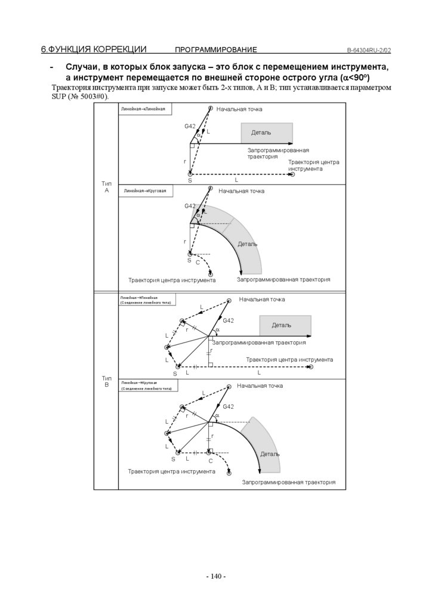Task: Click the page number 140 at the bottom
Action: pos(215,576)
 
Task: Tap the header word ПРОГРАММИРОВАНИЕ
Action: pos(215,50)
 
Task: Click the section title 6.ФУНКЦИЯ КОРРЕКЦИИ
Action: pos(94,49)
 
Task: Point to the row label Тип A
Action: pos(106,187)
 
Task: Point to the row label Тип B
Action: pos(106,381)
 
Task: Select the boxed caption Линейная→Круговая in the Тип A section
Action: pos(144,192)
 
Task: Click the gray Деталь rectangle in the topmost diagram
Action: pos(267,132)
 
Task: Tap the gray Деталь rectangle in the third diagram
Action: pos(285,325)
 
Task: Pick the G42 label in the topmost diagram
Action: pos(190,126)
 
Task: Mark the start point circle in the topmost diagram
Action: pos(211,108)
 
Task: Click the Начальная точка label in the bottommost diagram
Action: pos(260,386)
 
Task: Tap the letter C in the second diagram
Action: pos(198,263)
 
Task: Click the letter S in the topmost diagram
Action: pos(190,180)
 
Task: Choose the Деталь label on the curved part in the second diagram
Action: pos(248,244)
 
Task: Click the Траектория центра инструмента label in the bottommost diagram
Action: pos(171,471)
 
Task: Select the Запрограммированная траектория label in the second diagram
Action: pos(283,279)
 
